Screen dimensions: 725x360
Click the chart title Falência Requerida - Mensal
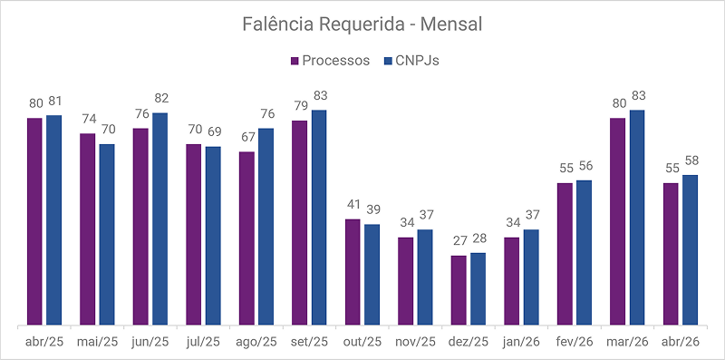(362, 24)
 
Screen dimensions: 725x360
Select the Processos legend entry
(330, 61)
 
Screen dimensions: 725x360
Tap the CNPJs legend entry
(411, 61)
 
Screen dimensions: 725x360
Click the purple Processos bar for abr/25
(34, 221)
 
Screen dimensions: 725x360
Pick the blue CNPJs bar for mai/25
(107, 234)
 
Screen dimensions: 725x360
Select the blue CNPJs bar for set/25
(319, 218)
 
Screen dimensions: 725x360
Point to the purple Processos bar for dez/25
(459, 290)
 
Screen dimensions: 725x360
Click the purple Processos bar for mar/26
(618, 221)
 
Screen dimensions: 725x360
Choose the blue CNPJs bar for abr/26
(690, 250)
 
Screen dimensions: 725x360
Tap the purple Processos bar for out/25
(353, 272)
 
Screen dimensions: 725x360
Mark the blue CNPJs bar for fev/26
(584, 253)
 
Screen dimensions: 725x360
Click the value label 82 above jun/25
(161, 99)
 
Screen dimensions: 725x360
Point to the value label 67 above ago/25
(246, 138)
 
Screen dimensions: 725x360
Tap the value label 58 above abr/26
(691, 161)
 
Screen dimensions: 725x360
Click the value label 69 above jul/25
(213, 131)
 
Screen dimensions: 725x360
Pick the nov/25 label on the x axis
(416, 342)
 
